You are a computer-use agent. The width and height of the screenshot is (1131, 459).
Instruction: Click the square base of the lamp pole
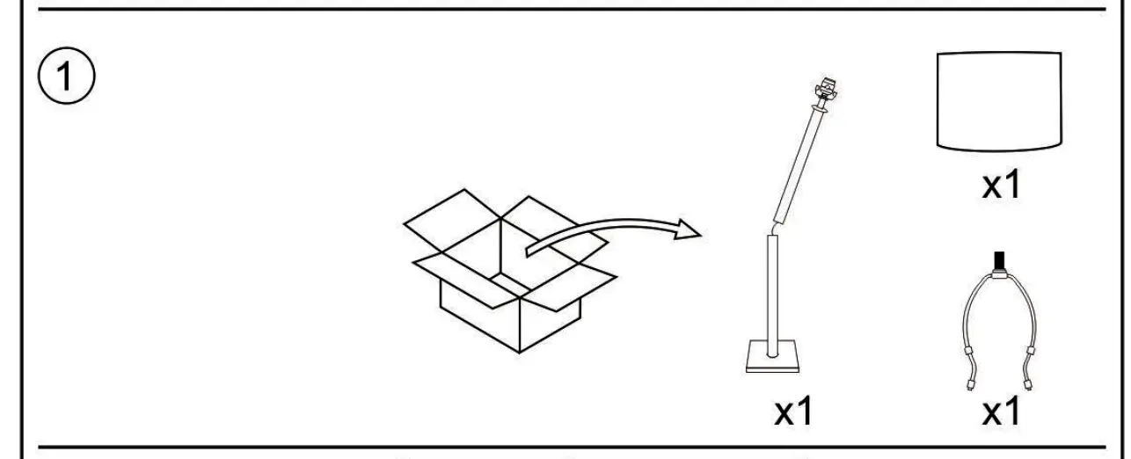click(x=773, y=358)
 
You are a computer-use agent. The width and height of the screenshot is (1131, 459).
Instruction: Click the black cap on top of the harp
click(x=998, y=260)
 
